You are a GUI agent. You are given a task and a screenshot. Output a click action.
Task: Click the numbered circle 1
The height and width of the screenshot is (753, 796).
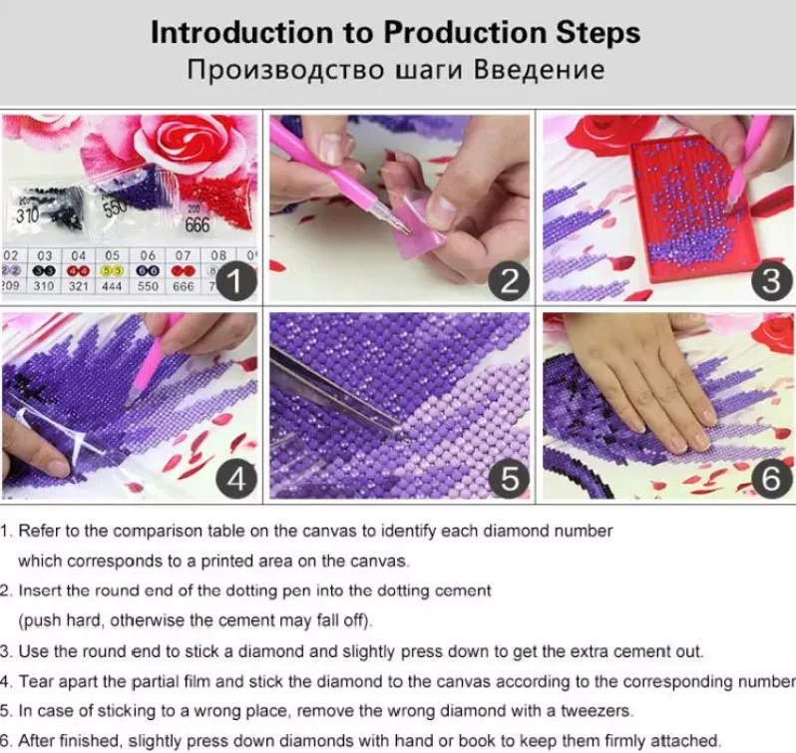pos(235,281)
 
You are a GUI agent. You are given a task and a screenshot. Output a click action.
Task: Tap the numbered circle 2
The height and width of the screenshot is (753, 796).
pos(509,281)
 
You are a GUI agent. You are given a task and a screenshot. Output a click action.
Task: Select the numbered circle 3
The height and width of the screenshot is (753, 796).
pos(771,281)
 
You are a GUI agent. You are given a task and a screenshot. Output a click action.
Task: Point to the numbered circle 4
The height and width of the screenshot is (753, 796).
pos(235,479)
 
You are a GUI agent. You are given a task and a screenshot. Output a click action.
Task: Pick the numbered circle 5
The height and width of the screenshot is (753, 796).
pos(509,479)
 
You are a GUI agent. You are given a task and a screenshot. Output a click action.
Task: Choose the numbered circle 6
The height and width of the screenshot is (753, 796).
pos(771,479)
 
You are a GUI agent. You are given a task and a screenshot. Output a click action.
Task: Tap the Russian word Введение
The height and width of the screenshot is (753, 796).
pos(539,70)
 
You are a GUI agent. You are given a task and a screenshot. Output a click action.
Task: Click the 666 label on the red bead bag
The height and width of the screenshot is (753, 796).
pos(198,224)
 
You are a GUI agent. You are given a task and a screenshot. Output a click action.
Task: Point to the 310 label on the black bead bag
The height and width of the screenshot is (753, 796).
pos(27,215)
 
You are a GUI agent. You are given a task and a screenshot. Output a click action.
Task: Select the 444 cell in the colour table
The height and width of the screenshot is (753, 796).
pos(112,286)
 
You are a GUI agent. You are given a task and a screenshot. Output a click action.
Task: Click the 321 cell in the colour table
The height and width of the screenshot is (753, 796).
pos(79,286)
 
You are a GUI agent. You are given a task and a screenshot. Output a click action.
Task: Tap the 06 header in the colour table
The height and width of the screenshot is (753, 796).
pos(148,255)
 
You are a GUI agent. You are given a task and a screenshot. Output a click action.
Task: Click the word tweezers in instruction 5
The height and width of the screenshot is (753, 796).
pos(596,711)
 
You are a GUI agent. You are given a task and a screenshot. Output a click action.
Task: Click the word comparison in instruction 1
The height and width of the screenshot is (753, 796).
pos(158,532)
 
